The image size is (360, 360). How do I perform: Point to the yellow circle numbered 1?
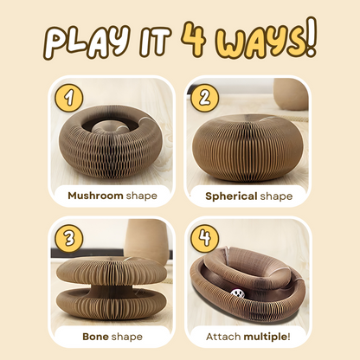click(68, 96)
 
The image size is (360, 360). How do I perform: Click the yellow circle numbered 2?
click(204, 96)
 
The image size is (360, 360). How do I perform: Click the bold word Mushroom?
click(95, 196)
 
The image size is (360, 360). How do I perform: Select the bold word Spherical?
click(231, 196)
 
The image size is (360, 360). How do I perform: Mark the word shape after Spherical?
click(275, 196)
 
